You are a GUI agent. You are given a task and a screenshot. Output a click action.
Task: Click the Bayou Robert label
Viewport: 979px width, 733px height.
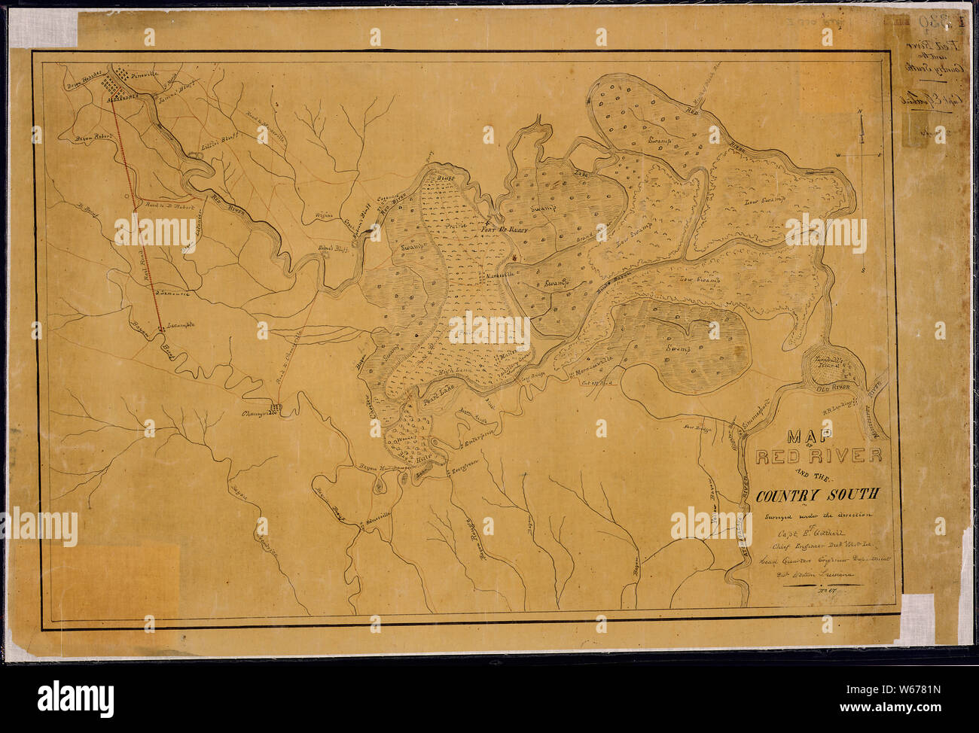click(x=93, y=138)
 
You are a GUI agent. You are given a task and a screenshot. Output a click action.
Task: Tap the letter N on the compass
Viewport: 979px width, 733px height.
click(x=860, y=114)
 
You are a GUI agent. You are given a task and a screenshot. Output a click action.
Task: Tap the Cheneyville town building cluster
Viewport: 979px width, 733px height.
click(x=275, y=408)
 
